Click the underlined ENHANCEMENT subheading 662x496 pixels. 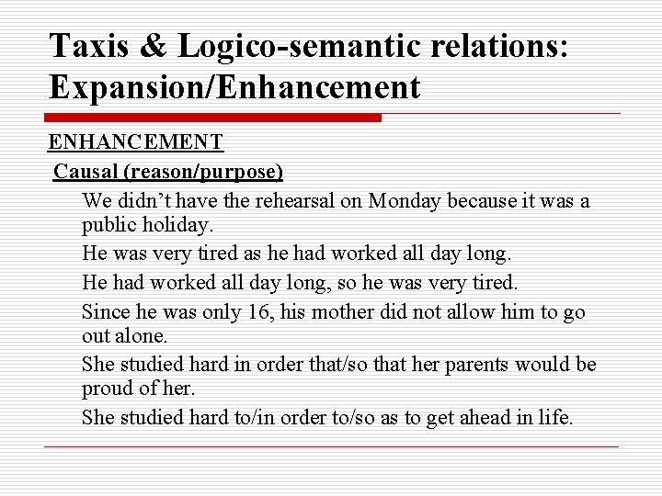[x=135, y=142]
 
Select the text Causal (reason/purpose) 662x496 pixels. [x=168, y=171]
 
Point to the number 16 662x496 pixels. [x=258, y=312]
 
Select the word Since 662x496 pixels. [x=104, y=312]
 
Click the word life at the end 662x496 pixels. [x=554, y=417]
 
